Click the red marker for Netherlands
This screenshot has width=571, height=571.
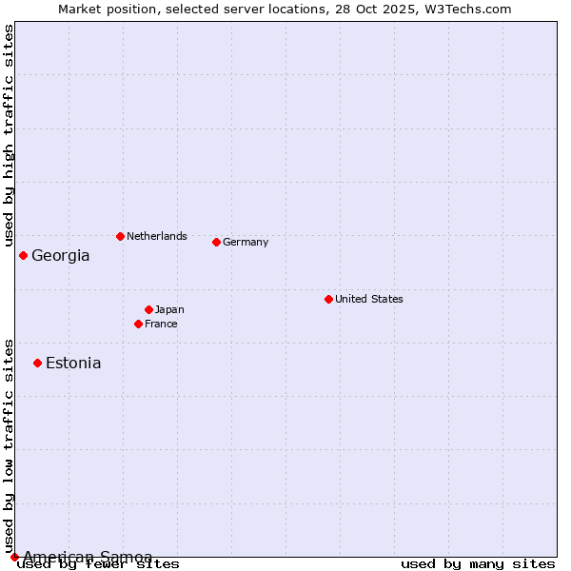pyautogui.click(x=120, y=236)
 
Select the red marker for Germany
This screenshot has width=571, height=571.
pyautogui.click(x=216, y=242)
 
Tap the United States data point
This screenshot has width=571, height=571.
pyautogui.click(x=328, y=299)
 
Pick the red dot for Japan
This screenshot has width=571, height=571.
pyautogui.click(x=148, y=309)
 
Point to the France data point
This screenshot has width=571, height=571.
pyautogui.click(x=138, y=324)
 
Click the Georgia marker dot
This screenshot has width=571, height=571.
pyautogui.click(x=23, y=255)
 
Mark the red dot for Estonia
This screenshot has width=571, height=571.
pyautogui.click(x=37, y=363)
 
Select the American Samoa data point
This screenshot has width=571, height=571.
pyautogui.click(x=14, y=557)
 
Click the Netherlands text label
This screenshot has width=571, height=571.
pyautogui.click(x=156, y=236)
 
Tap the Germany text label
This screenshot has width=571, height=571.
pyautogui.click(x=246, y=242)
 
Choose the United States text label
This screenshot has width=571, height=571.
pyautogui.click(x=368, y=299)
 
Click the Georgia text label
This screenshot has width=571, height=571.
pyautogui.click(x=61, y=255)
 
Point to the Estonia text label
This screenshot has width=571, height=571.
pyautogui.click(x=73, y=363)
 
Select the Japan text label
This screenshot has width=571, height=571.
pyautogui.click(x=169, y=309)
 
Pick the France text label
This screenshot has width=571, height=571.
pyautogui.click(x=161, y=324)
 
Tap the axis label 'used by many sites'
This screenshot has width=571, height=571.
pyautogui.click(x=478, y=563)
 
